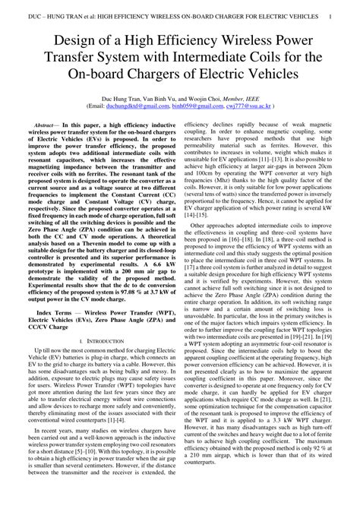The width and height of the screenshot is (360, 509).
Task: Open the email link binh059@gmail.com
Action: click(191, 107)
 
